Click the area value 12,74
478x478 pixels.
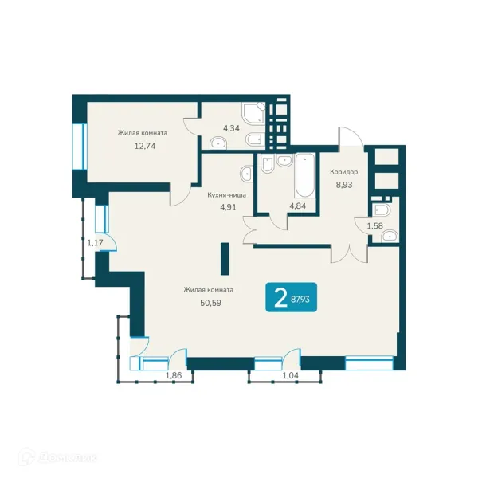click(x=145, y=146)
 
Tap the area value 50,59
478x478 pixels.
click(x=210, y=303)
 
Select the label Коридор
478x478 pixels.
click(x=344, y=172)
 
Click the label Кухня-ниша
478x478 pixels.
click(x=226, y=195)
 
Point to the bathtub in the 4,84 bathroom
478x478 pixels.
click(x=305, y=175)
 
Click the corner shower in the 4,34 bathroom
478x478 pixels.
click(x=254, y=113)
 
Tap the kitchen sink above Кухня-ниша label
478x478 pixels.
click(x=246, y=174)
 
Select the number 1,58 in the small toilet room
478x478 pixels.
click(x=374, y=226)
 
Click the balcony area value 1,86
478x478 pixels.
click(x=174, y=375)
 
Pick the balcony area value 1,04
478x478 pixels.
click(x=291, y=375)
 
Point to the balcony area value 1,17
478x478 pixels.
click(x=95, y=243)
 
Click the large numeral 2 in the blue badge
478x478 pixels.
click(x=280, y=298)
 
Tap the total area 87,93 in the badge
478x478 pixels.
click(x=300, y=299)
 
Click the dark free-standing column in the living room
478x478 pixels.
click(x=225, y=258)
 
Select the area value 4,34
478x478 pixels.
click(x=231, y=128)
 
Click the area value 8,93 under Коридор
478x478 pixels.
click(x=344, y=185)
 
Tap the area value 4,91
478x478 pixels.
click(x=228, y=207)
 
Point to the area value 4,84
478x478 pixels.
click(x=297, y=206)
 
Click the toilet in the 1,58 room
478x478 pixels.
click(x=381, y=210)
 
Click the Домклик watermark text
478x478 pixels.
click(x=68, y=458)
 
